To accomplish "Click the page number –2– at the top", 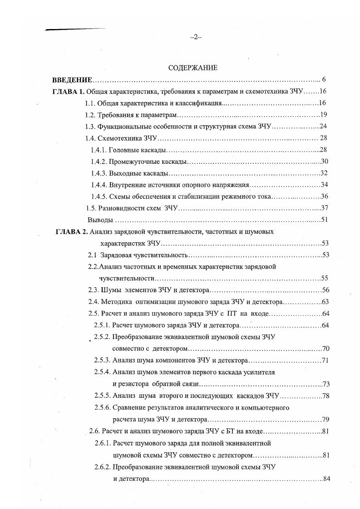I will (196, 38).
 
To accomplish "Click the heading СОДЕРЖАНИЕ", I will (192, 68).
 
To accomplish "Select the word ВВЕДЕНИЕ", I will (72, 79).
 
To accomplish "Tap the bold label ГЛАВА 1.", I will (69, 91).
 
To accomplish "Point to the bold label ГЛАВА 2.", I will (71, 231).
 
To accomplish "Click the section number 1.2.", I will (90, 115).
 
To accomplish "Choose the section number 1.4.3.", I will (99, 173).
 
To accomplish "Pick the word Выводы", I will (100, 220).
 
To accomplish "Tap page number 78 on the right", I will (325, 396).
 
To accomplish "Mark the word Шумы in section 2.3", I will (110, 290).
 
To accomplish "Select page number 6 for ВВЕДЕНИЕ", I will (324, 79).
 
